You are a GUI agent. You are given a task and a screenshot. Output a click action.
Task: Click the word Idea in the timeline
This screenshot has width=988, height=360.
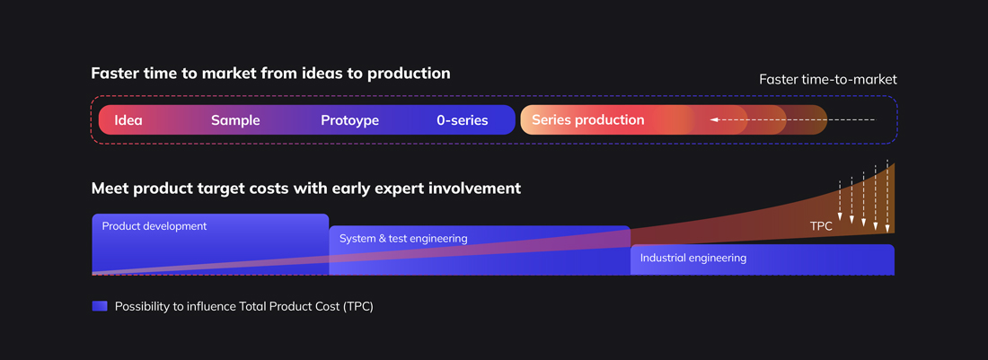(128, 120)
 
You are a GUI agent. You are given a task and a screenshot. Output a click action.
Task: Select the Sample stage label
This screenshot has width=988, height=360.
(235, 120)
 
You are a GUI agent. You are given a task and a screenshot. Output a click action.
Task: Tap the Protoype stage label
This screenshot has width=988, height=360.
(349, 120)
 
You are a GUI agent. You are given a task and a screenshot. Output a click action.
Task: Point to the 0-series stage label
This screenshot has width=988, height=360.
(463, 120)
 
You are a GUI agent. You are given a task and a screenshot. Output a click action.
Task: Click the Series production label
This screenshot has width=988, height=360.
(587, 119)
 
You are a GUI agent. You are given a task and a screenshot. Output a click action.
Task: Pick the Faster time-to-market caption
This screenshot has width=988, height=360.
(827, 79)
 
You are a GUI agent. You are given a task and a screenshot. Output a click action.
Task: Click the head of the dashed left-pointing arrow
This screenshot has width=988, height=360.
(714, 119)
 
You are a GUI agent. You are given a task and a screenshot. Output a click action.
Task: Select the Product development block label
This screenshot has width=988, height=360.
(154, 226)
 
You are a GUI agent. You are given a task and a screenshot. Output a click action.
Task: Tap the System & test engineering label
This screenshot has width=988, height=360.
(403, 239)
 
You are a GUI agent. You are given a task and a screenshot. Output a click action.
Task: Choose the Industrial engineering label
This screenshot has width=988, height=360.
(692, 258)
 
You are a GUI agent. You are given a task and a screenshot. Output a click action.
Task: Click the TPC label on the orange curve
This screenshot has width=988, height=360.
(821, 227)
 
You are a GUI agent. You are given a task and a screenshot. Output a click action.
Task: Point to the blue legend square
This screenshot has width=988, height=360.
(100, 306)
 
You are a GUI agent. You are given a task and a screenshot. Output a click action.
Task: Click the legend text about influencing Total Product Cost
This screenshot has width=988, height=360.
(243, 306)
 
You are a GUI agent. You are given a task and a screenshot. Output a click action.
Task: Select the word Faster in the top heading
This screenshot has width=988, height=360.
(116, 74)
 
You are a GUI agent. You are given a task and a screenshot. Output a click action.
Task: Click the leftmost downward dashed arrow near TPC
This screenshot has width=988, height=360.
(840, 201)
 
